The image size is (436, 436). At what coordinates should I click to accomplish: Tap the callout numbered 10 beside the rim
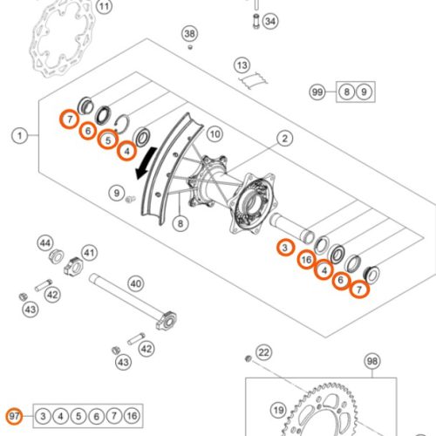pyautogui.click(x=215, y=135)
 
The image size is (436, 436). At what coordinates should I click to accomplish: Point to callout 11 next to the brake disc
pyautogui.click(x=105, y=10)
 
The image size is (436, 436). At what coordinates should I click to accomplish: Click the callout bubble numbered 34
pyautogui.click(x=269, y=20)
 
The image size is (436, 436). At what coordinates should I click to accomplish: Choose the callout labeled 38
pyautogui.click(x=190, y=34)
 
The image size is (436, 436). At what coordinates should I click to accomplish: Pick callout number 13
pyautogui.click(x=242, y=65)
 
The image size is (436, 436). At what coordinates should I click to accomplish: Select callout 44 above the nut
pyautogui.click(x=45, y=242)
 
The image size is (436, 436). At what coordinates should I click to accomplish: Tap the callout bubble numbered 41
pyautogui.click(x=88, y=254)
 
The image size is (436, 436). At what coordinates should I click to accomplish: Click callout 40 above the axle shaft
pyautogui.click(x=135, y=283)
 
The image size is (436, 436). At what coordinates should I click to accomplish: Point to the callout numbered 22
pyautogui.click(x=264, y=351)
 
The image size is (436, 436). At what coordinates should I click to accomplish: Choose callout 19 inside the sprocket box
pyautogui.click(x=278, y=408)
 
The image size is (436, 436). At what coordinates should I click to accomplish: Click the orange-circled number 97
pyautogui.click(x=14, y=415)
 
